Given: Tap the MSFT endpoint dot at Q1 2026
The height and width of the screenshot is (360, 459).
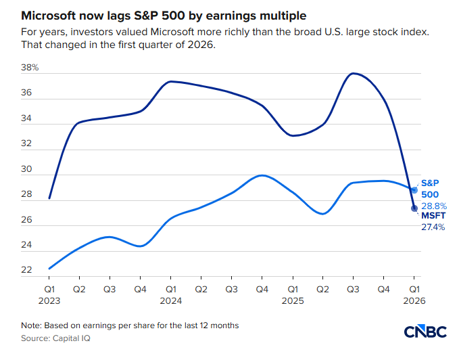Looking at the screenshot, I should point(414,208).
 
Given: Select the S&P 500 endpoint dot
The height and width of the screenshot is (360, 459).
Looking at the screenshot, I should point(414,189).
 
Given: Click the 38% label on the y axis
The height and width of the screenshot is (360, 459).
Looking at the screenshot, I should point(30,68).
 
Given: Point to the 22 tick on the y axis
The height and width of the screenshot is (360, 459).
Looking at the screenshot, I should point(27,270).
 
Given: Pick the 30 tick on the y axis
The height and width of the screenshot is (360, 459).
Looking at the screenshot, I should point(27,169).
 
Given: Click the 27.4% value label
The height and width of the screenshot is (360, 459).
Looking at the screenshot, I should point(433,227).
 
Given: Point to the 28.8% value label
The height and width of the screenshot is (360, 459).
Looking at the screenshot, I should point(433,205).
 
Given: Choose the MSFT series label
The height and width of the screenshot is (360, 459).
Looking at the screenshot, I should point(433,216).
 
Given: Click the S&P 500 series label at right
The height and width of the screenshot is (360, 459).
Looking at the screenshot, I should point(430,188).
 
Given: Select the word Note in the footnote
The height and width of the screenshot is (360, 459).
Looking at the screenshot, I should point(32,325).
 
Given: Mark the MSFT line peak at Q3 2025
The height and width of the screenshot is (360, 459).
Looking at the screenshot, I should point(351,73).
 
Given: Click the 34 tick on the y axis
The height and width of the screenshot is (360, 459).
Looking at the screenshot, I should point(27,118).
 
